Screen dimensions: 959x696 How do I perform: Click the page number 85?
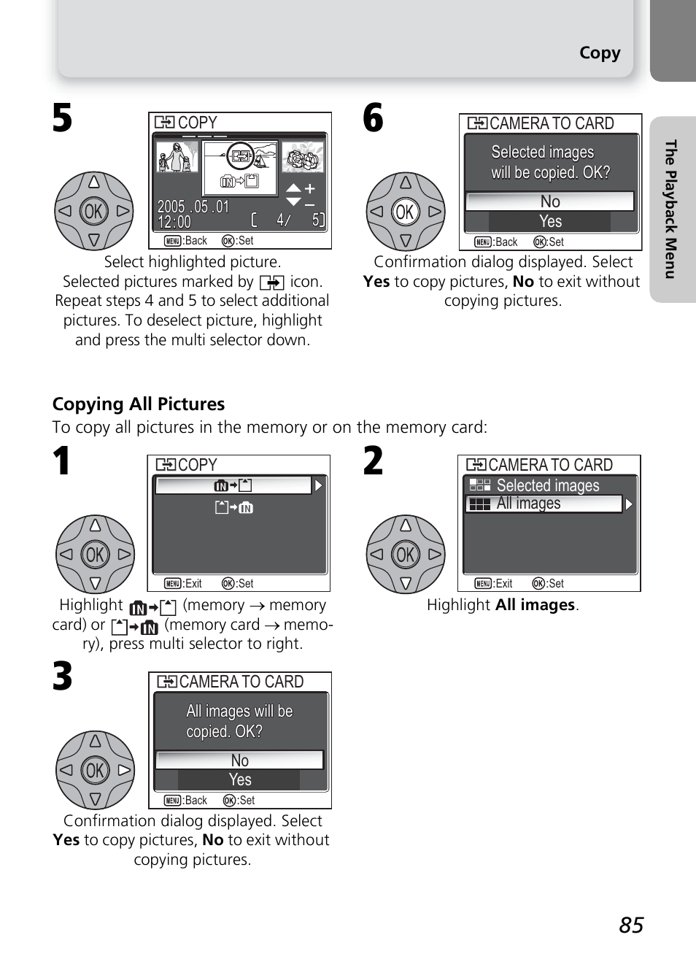631,925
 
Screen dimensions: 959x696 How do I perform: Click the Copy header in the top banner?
600,53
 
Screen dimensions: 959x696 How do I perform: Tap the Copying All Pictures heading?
139,404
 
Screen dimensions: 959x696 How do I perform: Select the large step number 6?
373,118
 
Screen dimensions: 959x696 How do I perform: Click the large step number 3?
63,677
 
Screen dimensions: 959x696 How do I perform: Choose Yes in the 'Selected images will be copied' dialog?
550,221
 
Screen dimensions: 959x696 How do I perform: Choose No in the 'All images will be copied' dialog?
239,760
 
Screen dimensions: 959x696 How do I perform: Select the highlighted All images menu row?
544,504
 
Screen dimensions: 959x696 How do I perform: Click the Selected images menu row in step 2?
547,485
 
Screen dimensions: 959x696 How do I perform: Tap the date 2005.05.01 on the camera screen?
193,207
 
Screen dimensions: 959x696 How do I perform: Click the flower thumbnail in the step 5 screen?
303,158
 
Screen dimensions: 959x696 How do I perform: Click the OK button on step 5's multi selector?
94,212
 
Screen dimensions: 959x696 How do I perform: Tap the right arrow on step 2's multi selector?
434,554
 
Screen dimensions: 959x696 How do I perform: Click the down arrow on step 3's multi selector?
95,798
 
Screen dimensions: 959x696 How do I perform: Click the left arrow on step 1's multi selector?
66,554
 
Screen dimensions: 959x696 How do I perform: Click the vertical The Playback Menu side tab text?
670,209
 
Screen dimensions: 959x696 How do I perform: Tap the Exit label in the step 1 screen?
193,584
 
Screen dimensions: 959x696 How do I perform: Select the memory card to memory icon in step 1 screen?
233,507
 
